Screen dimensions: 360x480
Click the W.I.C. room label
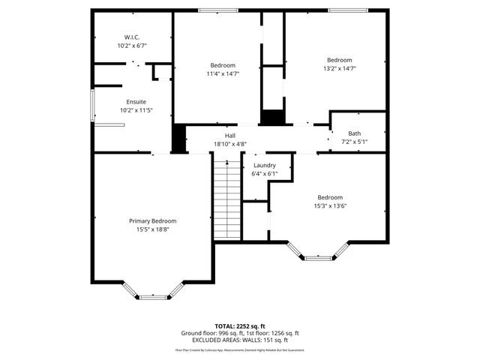pos(132,37)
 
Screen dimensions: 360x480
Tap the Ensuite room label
pos(136,101)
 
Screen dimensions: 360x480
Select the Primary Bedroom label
pos(152,220)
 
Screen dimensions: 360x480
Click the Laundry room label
pos(264,165)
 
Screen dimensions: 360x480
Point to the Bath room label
pos(354,133)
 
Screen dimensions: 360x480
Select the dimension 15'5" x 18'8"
pos(152,229)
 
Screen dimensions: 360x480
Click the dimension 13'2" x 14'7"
pos(339,68)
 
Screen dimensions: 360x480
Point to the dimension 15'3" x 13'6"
pos(329,205)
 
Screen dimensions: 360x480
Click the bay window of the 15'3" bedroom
pos(319,257)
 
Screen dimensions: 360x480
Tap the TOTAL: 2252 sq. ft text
pos(239,326)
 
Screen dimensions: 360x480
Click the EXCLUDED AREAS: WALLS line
pos(239,340)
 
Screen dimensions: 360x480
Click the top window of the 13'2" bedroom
pos(348,10)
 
